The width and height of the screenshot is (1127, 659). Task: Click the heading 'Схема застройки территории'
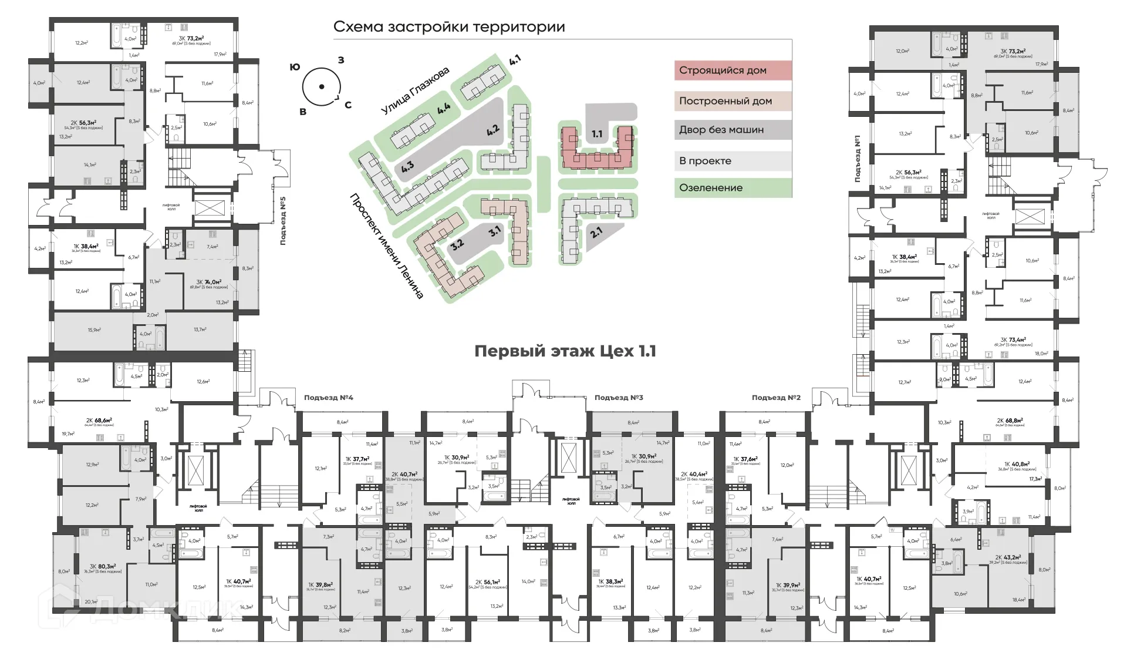pos(449,27)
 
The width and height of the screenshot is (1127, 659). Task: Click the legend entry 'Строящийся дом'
pos(723,70)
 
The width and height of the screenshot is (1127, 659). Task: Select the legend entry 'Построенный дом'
pos(725,101)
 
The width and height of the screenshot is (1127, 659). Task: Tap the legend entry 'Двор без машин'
pos(721,130)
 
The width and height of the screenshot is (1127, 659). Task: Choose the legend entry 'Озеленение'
pos(711,188)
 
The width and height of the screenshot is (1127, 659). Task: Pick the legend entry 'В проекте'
pos(705,161)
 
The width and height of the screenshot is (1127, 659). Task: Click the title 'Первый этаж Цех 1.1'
pos(565,351)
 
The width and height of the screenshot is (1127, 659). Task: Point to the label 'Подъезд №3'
pos(619,398)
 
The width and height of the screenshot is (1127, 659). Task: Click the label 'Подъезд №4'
pos(328,398)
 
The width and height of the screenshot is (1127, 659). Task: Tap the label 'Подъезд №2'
pos(776,398)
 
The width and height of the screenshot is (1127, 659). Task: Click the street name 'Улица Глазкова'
pos(415,91)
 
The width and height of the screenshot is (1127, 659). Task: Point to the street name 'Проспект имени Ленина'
pos(387,246)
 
